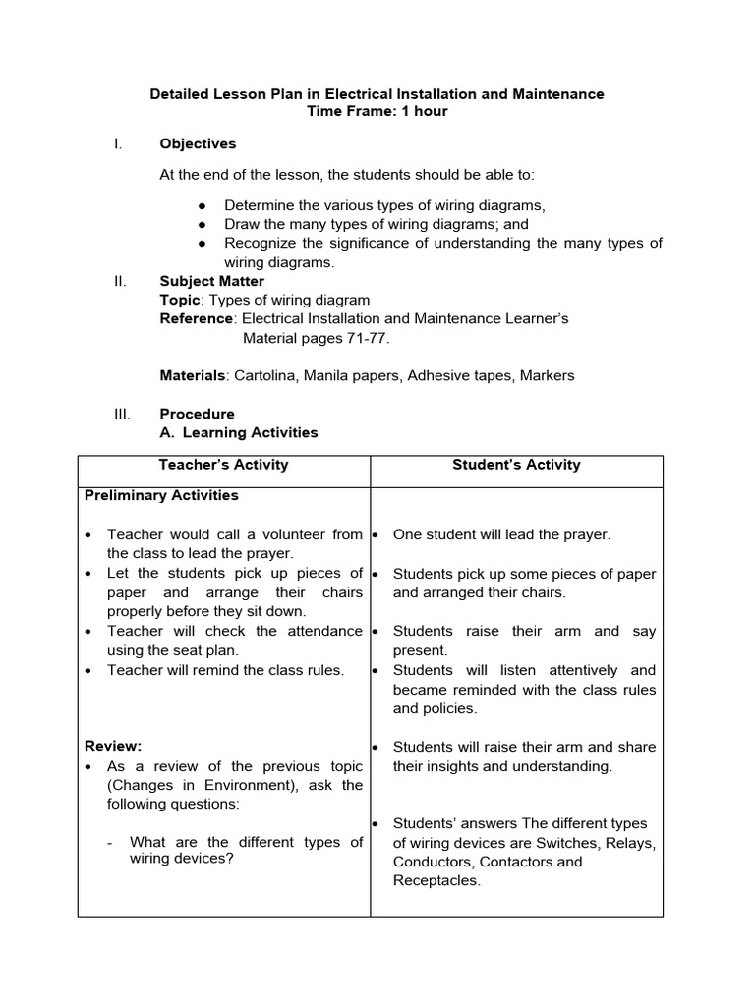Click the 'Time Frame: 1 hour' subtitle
[377, 111]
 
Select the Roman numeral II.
[120, 281]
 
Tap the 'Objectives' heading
[198, 143]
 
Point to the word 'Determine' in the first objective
[259, 205]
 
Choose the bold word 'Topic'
[180, 300]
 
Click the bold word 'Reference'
[197, 318]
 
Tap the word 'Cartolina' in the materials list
[265, 375]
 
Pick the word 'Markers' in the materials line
[547, 375]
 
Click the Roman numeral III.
[121, 414]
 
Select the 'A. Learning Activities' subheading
[239, 432]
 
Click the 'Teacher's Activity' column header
[224, 465]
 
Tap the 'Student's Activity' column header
[516, 465]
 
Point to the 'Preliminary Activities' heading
[161, 495]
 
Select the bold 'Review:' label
[113, 747]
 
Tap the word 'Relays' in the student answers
[631, 843]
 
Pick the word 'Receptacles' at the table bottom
[436, 880]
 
